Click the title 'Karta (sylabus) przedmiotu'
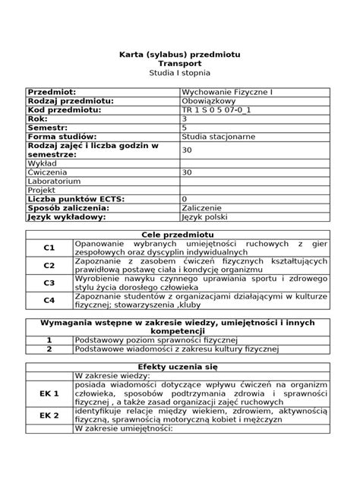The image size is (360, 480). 179,55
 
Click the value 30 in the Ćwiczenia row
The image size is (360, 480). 187,172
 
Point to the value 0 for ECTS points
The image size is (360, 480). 185,198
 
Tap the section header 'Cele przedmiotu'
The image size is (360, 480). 179,235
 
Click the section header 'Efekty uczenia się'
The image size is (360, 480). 179,365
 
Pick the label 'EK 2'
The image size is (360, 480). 49,415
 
